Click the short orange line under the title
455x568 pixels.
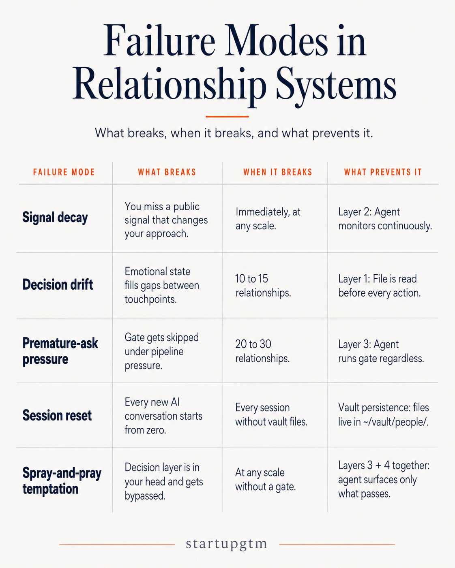click(227, 116)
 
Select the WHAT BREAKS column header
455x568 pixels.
click(167, 172)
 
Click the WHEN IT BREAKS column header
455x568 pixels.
click(278, 172)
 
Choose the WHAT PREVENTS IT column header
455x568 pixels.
click(383, 172)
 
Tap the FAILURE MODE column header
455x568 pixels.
click(64, 172)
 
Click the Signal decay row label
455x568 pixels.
click(55, 218)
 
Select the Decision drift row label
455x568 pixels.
click(58, 284)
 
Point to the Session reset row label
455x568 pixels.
click(57, 415)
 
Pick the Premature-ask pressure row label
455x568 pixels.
click(60, 351)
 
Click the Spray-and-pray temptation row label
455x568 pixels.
click(62, 480)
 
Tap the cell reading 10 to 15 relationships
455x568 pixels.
click(263, 286)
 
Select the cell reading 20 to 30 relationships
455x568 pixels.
click(262, 351)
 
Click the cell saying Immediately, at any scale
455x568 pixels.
click(268, 219)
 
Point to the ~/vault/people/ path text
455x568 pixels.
click(396, 422)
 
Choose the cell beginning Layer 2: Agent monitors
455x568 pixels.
click(385, 219)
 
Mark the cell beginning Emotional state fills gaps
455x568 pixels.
click(162, 285)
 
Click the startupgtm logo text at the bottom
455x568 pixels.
click(226, 544)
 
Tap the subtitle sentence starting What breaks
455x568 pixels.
click(234, 133)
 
